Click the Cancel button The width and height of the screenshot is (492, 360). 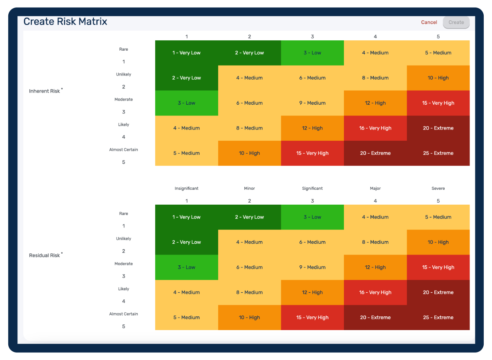pos(429,22)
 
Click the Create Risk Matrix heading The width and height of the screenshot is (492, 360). pos(65,22)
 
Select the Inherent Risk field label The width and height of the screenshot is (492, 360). pos(45,91)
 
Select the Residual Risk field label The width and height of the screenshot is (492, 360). pos(45,255)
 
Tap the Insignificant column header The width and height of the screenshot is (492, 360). pos(187,189)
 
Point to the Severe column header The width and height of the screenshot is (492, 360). pos(438,189)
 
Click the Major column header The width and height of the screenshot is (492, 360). pos(375,189)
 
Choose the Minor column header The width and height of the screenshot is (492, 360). pos(249,189)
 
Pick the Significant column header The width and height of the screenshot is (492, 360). pos(312,189)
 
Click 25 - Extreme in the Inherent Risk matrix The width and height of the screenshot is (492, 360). pos(438,153)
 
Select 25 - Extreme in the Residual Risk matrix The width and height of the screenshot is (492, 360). pos(438,318)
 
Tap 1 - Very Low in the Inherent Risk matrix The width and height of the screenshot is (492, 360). pos(187,53)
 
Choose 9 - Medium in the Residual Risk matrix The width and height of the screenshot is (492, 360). pos(312,267)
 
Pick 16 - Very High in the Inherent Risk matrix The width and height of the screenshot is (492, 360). pos(375,128)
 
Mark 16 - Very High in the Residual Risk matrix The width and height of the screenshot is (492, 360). pos(375,293)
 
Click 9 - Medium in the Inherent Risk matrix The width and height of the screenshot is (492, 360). pos(312,103)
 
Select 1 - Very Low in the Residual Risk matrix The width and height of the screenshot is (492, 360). pos(187,217)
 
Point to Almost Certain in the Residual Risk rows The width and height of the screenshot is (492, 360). pos(124,314)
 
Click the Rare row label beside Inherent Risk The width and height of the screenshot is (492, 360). pos(124,49)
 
